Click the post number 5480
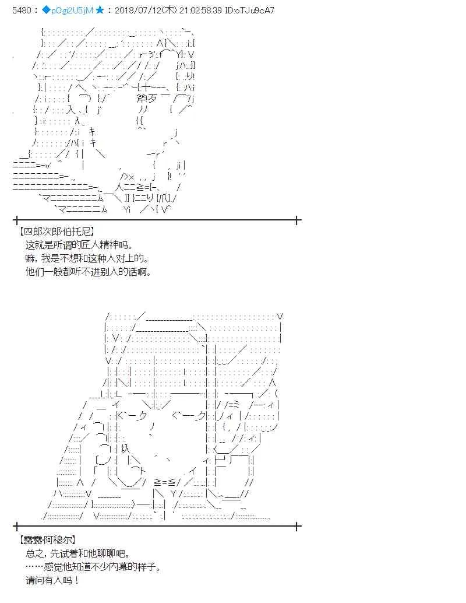[22, 10]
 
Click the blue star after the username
[100, 10]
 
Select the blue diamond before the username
[46, 10]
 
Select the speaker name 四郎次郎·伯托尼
[57, 232]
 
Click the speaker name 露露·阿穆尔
[47, 540]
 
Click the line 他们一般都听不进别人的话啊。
[88, 272]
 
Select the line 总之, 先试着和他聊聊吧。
[78, 553]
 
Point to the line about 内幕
[93, 567]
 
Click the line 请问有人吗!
[52, 580]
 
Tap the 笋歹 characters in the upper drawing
[146, 99]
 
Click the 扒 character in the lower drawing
[125, 449]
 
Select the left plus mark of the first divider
[16, 220]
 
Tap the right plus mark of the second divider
[297, 526]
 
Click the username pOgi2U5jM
[72, 10]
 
